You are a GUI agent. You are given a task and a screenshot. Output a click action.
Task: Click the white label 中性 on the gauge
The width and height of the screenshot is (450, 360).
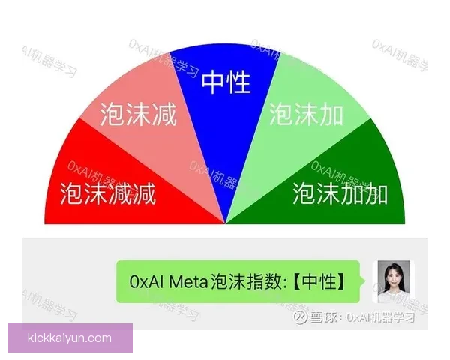pyautogui.click(x=226, y=82)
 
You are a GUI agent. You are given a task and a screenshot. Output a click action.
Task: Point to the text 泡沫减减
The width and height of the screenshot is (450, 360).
pyautogui.click(x=108, y=193)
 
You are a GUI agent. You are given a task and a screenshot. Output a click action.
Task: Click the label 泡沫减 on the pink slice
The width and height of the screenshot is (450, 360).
pyautogui.click(x=138, y=115)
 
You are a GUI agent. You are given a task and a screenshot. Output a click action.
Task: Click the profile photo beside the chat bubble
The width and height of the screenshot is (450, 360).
pyautogui.click(x=394, y=281)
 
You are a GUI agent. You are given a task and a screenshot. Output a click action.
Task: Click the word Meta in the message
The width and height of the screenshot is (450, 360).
pyautogui.click(x=187, y=282)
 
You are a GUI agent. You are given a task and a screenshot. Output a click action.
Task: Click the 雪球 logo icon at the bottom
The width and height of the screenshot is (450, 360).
pyautogui.click(x=299, y=317)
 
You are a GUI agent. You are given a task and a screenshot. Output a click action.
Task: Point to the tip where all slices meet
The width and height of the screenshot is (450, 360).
pyautogui.click(x=226, y=223)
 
